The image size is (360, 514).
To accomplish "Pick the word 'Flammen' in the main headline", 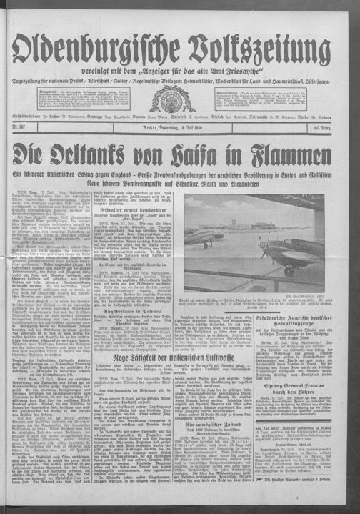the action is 302,154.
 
